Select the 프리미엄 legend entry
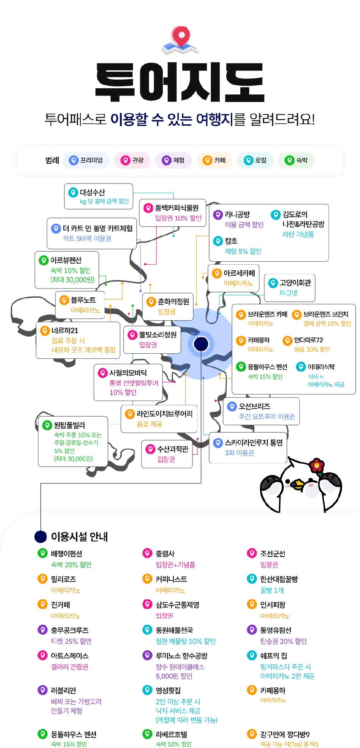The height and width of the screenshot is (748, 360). click(86, 160)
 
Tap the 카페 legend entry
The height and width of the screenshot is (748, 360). click(214, 160)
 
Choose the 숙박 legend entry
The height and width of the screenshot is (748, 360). click(297, 160)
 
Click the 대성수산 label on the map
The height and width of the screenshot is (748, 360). click(92, 192)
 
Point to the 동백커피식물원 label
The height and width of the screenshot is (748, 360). click(177, 208)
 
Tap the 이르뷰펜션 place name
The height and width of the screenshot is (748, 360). click(66, 260)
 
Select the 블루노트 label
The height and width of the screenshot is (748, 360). click(83, 300)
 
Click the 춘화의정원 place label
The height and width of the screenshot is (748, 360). click(174, 301)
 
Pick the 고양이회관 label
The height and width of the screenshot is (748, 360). click(295, 282)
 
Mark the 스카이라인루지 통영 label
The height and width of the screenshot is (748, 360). click(254, 442)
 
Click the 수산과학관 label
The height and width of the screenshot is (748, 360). click(173, 449)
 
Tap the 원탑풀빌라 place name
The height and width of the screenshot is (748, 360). click(70, 425)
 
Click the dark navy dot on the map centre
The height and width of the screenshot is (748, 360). click(201, 344)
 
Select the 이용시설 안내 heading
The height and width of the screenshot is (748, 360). click(80, 536)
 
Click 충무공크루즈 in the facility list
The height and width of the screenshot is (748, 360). click(70, 630)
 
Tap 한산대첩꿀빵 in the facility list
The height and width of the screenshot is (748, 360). click(279, 579)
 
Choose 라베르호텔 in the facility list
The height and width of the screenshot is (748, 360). click(171, 734)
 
